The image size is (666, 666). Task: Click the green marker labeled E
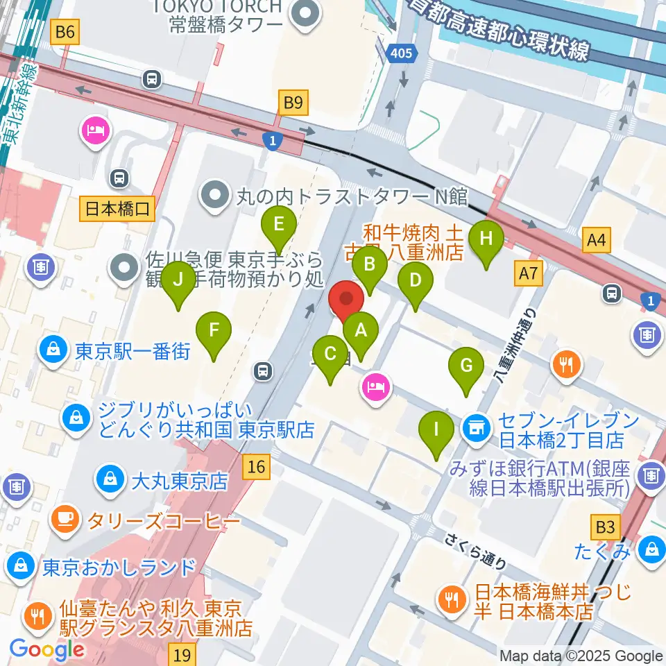point(279,225)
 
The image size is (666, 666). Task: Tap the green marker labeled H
point(486,239)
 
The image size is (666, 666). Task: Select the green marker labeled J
point(178,280)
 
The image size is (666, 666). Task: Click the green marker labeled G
point(467,366)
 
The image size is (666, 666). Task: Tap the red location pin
point(345,302)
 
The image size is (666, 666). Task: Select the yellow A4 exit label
point(596,241)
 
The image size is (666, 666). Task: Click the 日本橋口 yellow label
point(117,208)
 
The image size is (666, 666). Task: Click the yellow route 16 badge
point(257,467)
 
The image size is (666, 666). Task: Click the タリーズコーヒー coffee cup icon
point(66,519)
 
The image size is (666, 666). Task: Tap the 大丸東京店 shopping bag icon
point(110,479)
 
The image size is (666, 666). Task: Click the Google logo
point(47,650)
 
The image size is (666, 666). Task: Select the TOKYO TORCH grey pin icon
point(304,13)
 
